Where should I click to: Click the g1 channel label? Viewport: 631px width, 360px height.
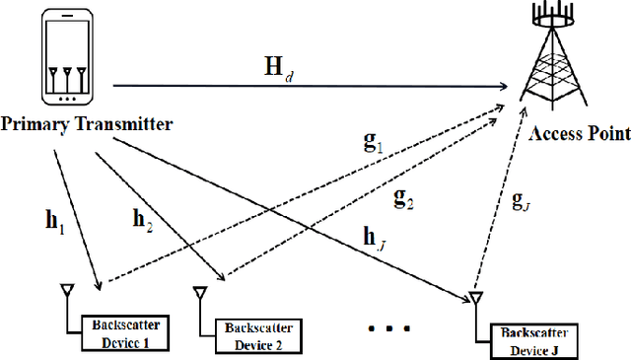pyautogui.click(x=373, y=142)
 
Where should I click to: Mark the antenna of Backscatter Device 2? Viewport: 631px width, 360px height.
pyautogui.click(x=199, y=296)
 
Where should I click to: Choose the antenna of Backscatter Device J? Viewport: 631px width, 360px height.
pyautogui.click(x=474, y=299)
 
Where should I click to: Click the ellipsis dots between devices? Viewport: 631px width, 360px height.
pyautogui.click(x=386, y=325)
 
